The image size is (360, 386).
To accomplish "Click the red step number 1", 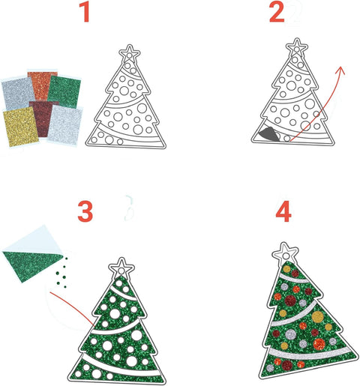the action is point(85,12).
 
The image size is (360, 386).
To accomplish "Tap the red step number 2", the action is point(277,12).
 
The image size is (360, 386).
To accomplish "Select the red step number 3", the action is point(85,211).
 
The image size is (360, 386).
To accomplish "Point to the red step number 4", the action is point(283,211).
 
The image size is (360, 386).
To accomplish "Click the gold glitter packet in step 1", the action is point(21,127).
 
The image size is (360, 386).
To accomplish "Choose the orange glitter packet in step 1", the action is point(43,85).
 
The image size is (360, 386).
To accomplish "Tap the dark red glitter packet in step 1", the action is point(43,118).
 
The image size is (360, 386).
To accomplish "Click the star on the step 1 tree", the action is point(129,53).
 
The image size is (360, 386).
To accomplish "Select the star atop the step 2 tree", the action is point(297,46).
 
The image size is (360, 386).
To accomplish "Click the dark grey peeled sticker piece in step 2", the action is point(269,134).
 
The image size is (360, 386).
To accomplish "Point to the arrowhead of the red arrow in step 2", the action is point(341,70).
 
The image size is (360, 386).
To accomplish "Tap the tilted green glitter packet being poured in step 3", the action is point(32,260).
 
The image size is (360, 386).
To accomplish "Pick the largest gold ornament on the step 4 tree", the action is point(318,316).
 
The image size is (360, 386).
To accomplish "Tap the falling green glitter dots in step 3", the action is point(61,272).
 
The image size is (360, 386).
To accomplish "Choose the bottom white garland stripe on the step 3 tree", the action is point(120,366).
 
